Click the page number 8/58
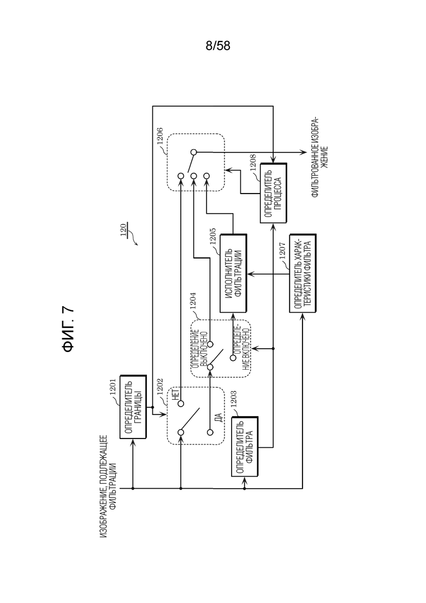(x=218, y=46)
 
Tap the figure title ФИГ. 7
(x=68, y=330)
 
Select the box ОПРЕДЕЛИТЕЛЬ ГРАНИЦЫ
(x=133, y=407)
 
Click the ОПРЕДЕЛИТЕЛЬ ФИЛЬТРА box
(x=245, y=447)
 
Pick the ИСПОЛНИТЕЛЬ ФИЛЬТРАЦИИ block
(x=233, y=273)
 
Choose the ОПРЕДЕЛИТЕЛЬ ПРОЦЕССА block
(x=274, y=192)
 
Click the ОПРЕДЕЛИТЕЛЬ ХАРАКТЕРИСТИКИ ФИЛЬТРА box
(x=303, y=273)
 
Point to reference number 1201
(x=113, y=387)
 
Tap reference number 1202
(x=159, y=387)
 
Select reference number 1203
(x=234, y=399)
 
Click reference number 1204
(x=193, y=301)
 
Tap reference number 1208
(x=252, y=163)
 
